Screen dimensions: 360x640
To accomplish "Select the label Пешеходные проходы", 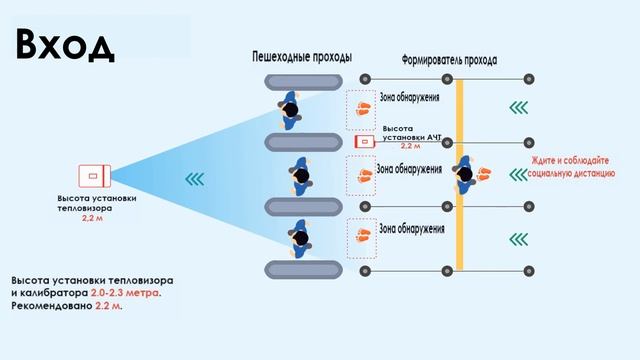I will tap(301, 57).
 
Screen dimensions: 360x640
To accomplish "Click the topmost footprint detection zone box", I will tap(360, 108).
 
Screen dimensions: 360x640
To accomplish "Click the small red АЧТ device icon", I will tap(364, 141).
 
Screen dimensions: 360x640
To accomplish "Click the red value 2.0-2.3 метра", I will tap(124, 295).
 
